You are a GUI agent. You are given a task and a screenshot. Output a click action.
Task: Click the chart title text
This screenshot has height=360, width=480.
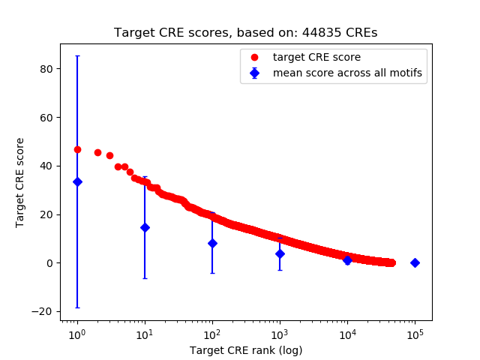coord(245,33)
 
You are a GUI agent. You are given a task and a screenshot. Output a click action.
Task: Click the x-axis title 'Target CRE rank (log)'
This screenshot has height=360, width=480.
coord(246,350)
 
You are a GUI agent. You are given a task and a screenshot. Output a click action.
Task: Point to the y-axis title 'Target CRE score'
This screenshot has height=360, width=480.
coord(20,182)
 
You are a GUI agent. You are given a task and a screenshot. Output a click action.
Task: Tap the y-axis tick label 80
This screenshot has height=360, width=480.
coord(47,69)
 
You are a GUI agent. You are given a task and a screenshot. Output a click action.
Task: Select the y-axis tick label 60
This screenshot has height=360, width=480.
coord(47,118)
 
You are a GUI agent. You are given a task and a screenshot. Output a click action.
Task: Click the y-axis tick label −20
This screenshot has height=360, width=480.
coord(44,312)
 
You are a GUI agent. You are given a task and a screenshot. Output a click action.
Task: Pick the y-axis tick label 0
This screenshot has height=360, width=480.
coord(50,263)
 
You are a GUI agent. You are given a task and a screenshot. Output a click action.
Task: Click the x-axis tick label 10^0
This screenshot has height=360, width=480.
coord(76,334)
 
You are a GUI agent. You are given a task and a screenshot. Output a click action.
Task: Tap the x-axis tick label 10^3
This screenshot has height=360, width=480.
coord(279,334)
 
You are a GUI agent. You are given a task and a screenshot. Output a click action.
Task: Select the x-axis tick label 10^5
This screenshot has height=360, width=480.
coord(414,334)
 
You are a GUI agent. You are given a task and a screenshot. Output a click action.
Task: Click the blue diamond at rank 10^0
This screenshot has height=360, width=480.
coord(77,181)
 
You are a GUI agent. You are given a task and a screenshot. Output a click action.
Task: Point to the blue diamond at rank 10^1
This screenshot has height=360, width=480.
coord(145,227)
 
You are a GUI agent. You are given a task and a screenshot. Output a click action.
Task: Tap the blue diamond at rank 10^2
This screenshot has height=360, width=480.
coord(212,243)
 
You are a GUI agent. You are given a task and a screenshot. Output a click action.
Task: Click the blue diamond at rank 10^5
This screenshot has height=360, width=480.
coord(415,262)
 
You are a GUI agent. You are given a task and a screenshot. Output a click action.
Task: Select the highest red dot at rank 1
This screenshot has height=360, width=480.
coord(77,149)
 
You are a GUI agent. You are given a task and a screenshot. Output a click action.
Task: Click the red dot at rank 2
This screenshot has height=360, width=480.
coord(97,152)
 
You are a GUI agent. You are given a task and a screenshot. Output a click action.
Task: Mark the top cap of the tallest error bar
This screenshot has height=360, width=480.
coord(77,55)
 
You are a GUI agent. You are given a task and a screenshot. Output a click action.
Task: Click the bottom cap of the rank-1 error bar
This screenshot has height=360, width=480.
coord(77,307)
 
